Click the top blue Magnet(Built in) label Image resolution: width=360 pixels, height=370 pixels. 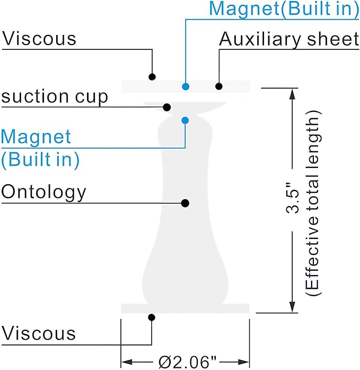(284, 9)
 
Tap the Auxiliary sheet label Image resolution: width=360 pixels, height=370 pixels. (289, 40)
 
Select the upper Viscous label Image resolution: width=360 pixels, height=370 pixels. (39, 38)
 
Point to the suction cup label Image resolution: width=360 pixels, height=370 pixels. (55, 97)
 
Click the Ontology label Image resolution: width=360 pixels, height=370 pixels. (44, 193)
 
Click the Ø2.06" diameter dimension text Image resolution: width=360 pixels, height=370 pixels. (187, 362)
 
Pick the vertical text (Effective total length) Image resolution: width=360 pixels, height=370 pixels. (313, 203)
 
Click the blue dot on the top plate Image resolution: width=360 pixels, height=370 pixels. (186, 87)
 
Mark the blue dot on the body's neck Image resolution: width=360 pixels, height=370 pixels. (185, 121)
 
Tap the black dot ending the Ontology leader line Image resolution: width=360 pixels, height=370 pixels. (185, 203)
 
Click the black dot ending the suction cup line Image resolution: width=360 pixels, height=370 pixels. (167, 107)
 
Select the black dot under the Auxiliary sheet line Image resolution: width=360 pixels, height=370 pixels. (219, 87)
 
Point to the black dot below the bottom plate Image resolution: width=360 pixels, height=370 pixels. (152, 317)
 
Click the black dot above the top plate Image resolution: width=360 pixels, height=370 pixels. (152, 76)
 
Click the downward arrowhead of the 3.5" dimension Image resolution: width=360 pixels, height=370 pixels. (292, 307)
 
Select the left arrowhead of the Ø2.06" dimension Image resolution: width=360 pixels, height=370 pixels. (127, 362)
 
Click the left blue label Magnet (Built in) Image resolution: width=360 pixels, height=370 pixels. (40, 149)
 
